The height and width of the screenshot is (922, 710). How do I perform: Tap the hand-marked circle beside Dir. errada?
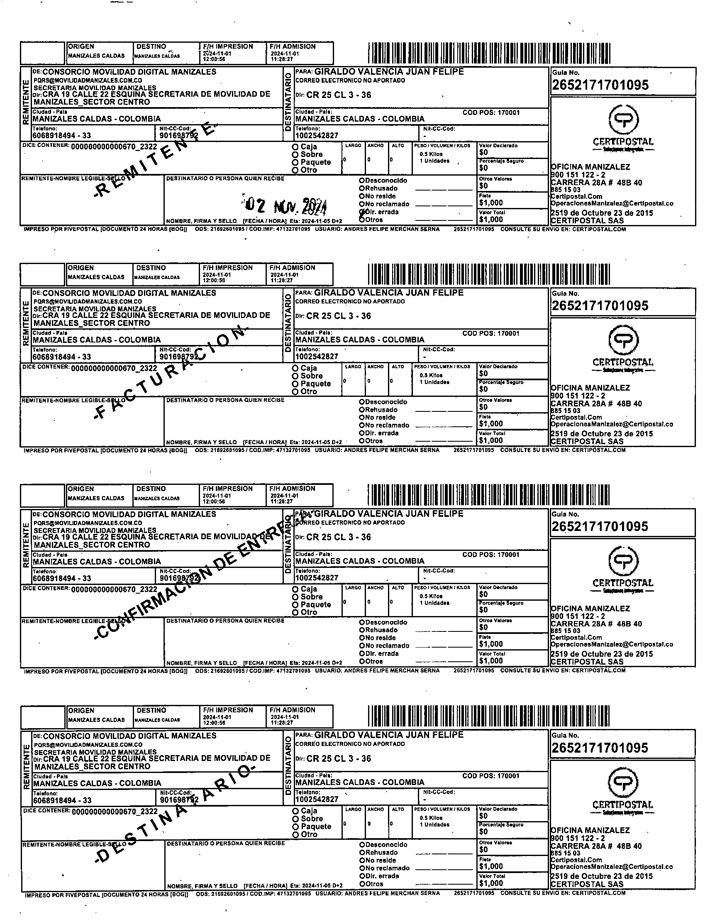tap(362, 213)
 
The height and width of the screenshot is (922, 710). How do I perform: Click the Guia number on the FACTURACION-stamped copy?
tap(599, 306)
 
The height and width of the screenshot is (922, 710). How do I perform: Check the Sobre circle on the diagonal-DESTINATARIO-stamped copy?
tap(295, 819)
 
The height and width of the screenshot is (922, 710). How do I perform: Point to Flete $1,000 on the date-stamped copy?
tap(491, 203)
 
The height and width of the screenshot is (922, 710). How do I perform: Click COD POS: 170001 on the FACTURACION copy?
tap(491, 333)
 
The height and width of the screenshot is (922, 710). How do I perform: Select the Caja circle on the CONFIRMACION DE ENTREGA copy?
tap(295, 589)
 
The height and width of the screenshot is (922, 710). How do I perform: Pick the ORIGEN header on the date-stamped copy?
tap(81, 46)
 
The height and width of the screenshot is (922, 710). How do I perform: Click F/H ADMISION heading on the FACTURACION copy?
tap(293, 268)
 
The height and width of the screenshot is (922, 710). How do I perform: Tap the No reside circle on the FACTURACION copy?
tap(362, 418)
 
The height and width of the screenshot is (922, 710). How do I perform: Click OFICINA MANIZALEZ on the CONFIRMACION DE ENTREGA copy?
tap(590, 608)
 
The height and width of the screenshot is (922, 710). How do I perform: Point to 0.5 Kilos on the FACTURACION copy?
tap(431, 375)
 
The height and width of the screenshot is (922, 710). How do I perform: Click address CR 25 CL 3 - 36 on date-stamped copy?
tap(339, 95)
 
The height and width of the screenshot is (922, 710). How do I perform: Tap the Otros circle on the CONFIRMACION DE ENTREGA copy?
tap(362, 662)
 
